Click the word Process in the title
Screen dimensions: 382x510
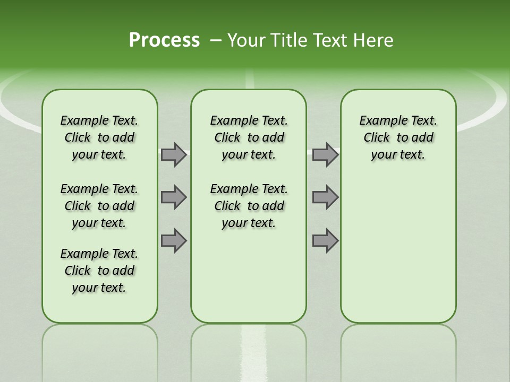tap(164, 40)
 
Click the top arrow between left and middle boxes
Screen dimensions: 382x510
tap(174, 154)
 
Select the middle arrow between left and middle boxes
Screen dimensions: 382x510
tap(174, 197)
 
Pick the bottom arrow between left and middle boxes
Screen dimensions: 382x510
tap(174, 240)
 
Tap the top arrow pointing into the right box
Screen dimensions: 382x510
tap(325, 154)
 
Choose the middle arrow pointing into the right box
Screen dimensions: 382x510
tap(325, 197)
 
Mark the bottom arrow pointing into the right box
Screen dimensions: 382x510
tap(325, 240)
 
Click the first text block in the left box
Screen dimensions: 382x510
tap(99, 137)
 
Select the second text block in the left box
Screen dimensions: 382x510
tap(99, 206)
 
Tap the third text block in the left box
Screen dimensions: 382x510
tap(99, 271)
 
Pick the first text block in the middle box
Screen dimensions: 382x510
tap(249, 137)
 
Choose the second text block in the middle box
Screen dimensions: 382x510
tap(249, 206)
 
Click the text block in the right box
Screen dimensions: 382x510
tap(398, 137)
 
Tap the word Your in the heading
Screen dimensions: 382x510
tap(246, 40)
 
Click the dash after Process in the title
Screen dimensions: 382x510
tap(216, 40)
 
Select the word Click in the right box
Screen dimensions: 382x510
tap(377, 137)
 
